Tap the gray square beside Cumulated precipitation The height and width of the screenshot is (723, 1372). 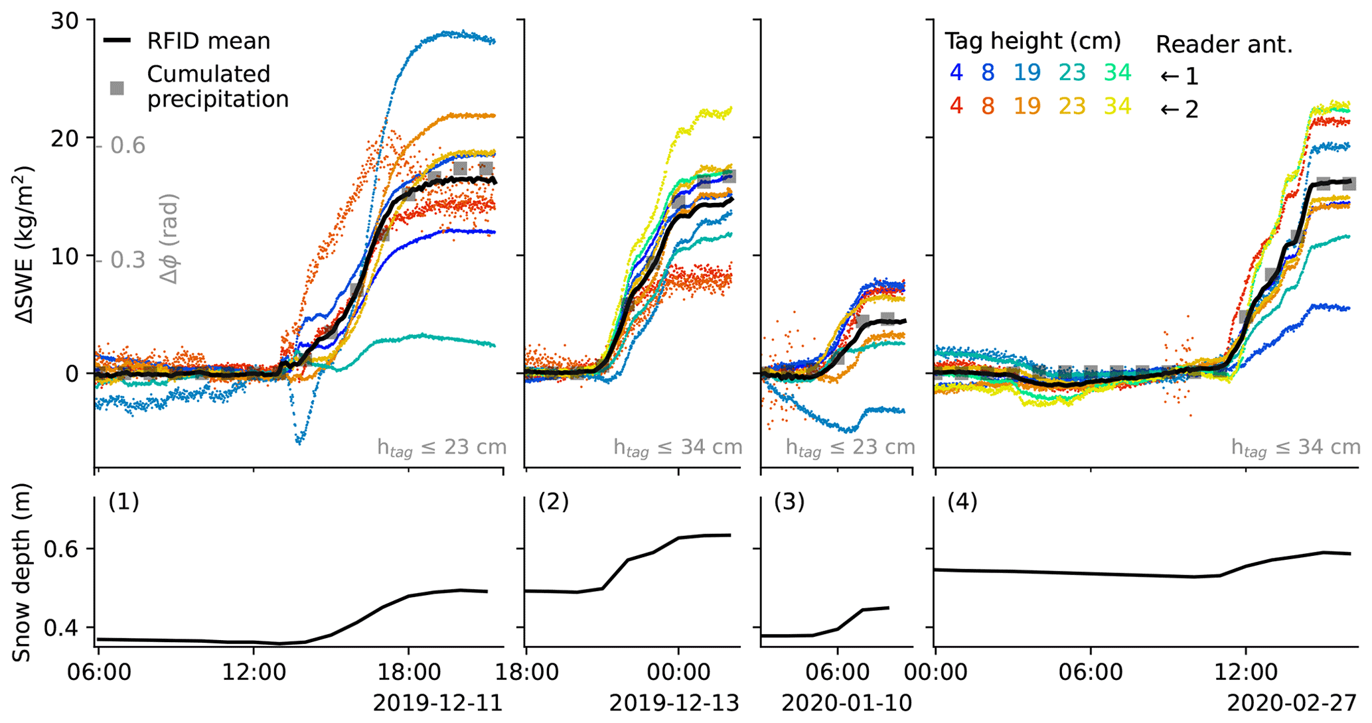pyautogui.click(x=117, y=88)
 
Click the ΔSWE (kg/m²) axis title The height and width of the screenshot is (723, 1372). pyautogui.click(x=25, y=244)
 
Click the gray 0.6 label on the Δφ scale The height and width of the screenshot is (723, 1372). pyautogui.click(x=127, y=145)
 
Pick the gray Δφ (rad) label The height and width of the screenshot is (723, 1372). pyautogui.click(x=170, y=239)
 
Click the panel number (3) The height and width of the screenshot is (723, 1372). pyautogui.click(x=789, y=502)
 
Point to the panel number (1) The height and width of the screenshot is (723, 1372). pyautogui.click(x=123, y=502)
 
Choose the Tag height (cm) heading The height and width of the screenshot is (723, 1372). pyautogui.click(x=1033, y=42)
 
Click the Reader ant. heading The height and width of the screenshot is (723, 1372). pyautogui.click(x=1224, y=44)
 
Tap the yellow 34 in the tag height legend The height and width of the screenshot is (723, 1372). pyautogui.click(x=1118, y=106)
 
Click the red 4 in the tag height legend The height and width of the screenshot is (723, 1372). pyautogui.click(x=956, y=106)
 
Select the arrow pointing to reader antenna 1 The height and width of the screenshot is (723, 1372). pyautogui.click(x=1170, y=77)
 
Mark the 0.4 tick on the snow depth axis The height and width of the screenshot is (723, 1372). pyautogui.click(x=60, y=627)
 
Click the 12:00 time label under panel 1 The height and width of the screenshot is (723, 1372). pyautogui.click(x=254, y=673)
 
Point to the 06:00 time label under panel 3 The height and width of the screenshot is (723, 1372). pyautogui.click(x=838, y=673)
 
